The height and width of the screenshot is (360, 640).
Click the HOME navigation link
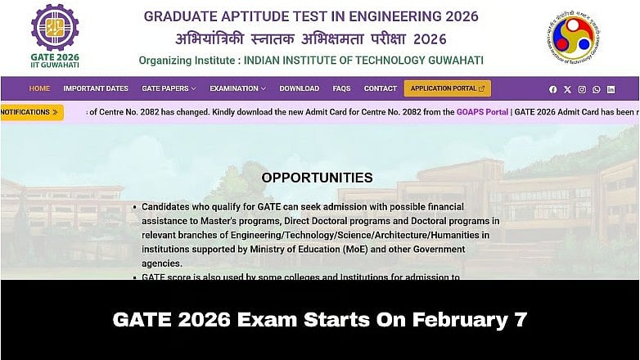(x=39, y=88)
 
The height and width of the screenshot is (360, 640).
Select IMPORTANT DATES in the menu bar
(x=96, y=88)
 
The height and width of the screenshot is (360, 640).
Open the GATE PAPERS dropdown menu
(x=169, y=88)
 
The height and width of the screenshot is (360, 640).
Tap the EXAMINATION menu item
(x=237, y=88)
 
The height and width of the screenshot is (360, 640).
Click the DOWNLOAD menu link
(x=299, y=88)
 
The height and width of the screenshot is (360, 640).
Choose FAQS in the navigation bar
(x=341, y=88)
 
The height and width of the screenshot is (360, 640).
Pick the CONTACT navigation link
(x=380, y=88)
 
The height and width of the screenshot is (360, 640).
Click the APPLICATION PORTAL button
(x=447, y=88)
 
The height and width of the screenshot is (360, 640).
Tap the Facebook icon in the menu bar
(x=553, y=89)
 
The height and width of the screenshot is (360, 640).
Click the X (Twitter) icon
(x=567, y=89)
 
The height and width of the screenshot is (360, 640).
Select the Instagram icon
(x=582, y=89)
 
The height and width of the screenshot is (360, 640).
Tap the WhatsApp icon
(x=596, y=89)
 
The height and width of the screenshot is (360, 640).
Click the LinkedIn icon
(x=611, y=89)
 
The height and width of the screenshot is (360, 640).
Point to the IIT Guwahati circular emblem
(x=573, y=37)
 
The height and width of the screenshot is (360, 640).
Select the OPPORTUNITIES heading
(x=317, y=178)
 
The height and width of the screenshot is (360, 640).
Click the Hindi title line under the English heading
(x=311, y=38)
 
